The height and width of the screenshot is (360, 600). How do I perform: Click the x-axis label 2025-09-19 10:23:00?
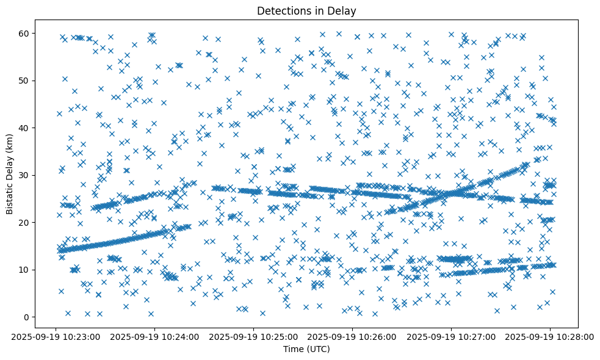56,336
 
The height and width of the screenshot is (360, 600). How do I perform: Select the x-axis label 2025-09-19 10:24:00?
155,336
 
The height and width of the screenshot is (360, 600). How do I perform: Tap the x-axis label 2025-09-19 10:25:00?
254,336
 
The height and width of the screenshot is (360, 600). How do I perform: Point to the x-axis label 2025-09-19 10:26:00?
353,336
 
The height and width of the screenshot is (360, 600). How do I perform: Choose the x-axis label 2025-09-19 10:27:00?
452,336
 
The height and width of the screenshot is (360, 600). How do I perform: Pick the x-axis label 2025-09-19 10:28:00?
550,336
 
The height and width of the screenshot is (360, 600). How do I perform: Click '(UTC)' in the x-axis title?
317,349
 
